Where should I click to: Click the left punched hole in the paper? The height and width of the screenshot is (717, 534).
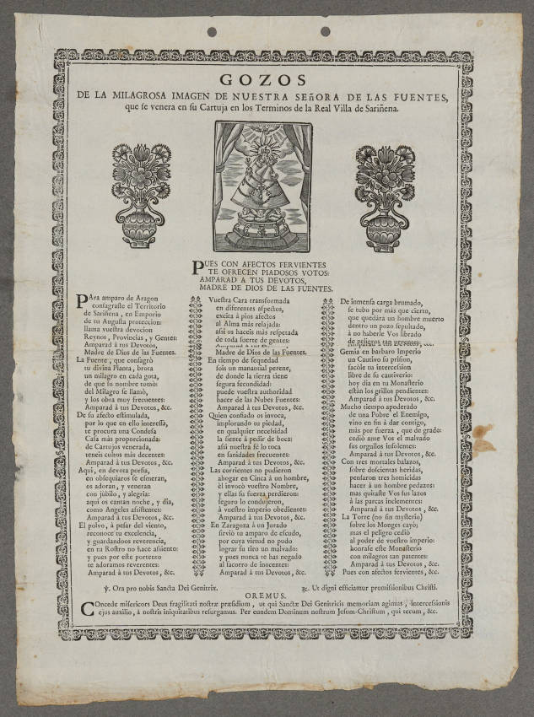click(211, 32)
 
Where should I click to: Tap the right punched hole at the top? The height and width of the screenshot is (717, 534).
click(325, 31)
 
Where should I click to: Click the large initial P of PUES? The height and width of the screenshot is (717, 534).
click(197, 268)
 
